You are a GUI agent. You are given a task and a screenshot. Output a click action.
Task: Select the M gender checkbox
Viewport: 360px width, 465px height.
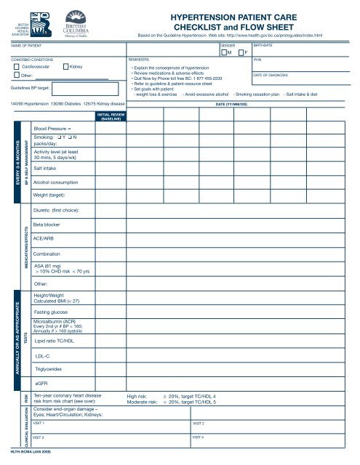tap(224, 53)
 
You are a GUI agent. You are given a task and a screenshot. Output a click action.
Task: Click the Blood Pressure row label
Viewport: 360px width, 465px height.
tap(52, 128)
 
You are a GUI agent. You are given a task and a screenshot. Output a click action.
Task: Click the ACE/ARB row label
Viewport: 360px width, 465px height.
tap(47, 237)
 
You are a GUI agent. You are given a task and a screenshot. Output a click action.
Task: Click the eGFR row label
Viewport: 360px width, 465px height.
tap(41, 382)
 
